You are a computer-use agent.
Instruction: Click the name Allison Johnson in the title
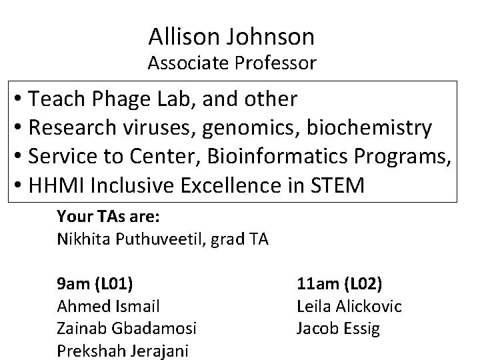coord(231,37)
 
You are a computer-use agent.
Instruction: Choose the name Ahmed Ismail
coord(109,306)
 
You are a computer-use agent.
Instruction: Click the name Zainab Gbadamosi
coord(126,329)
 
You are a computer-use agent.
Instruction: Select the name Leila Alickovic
coord(349,306)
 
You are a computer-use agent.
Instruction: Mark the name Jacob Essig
coord(338,329)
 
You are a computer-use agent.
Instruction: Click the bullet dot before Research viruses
coord(18,128)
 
